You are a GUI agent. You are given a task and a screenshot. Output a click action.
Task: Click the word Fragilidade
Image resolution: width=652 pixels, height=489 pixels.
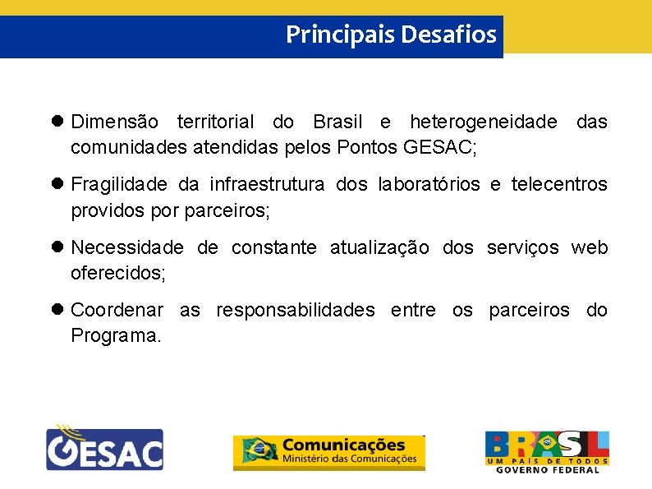click(119, 184)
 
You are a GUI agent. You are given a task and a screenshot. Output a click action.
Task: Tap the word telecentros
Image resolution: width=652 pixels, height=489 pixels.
click(559, 184)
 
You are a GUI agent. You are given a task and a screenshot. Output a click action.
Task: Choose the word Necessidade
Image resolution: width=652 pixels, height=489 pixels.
click(127, 247)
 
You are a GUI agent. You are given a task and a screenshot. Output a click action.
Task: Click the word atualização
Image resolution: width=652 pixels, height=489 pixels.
click(379, 247)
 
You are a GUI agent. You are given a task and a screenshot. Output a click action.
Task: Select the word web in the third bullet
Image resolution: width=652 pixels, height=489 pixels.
click(590, 247)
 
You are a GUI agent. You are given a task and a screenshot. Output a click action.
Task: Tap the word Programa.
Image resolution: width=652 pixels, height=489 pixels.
click(115, 335)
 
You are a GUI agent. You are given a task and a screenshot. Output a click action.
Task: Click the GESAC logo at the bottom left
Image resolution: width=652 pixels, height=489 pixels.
click(104, 448)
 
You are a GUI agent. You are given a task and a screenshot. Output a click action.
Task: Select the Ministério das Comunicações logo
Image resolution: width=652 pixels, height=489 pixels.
click(329, 452)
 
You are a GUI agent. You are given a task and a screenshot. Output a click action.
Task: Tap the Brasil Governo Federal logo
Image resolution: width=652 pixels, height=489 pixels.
click(547, 451)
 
